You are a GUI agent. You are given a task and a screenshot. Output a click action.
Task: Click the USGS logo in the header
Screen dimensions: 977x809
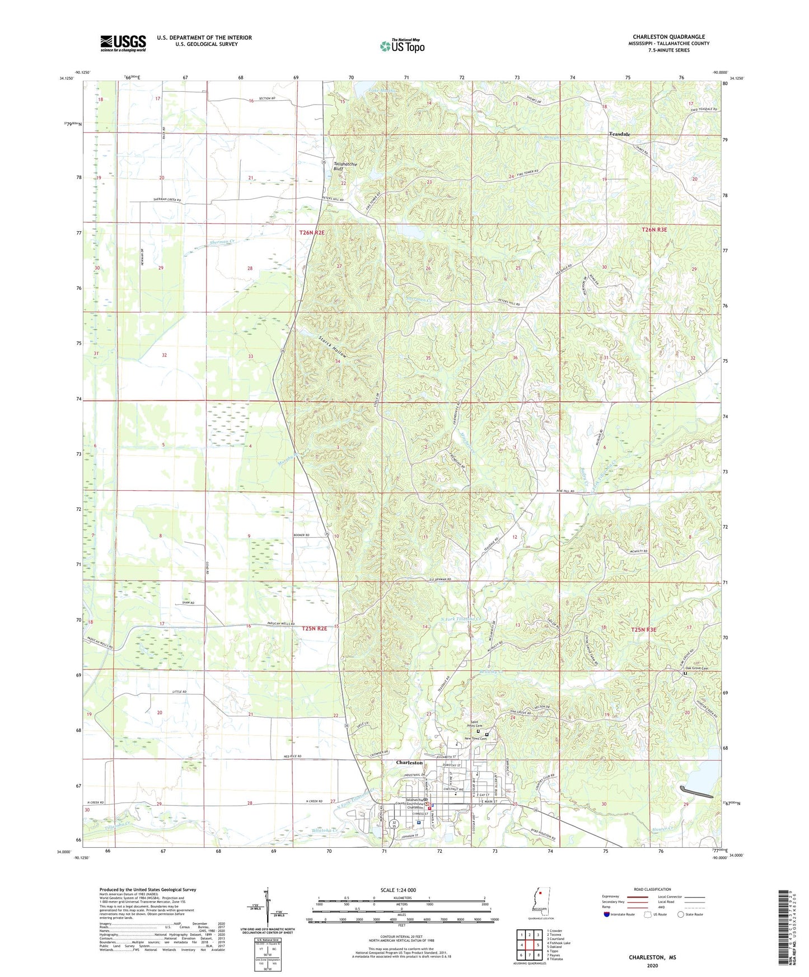(x=123, y=43)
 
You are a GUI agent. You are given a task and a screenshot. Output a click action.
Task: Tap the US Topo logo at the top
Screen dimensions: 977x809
(x=402, y=46)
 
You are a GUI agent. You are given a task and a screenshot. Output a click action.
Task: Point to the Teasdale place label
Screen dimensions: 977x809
(x=620, y=134)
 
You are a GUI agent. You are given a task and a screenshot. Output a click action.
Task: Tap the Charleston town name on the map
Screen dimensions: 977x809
(x=409, y=763)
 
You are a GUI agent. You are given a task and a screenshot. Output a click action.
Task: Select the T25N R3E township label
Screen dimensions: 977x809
(x=643, y=630)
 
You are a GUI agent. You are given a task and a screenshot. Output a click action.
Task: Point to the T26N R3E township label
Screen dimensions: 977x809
(x=654, y=229)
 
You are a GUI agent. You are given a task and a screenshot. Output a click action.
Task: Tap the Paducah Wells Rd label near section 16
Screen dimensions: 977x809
(x=277, y=624)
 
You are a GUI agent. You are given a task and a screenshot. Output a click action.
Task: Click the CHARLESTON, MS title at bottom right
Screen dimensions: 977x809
(x=652, y=957)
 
